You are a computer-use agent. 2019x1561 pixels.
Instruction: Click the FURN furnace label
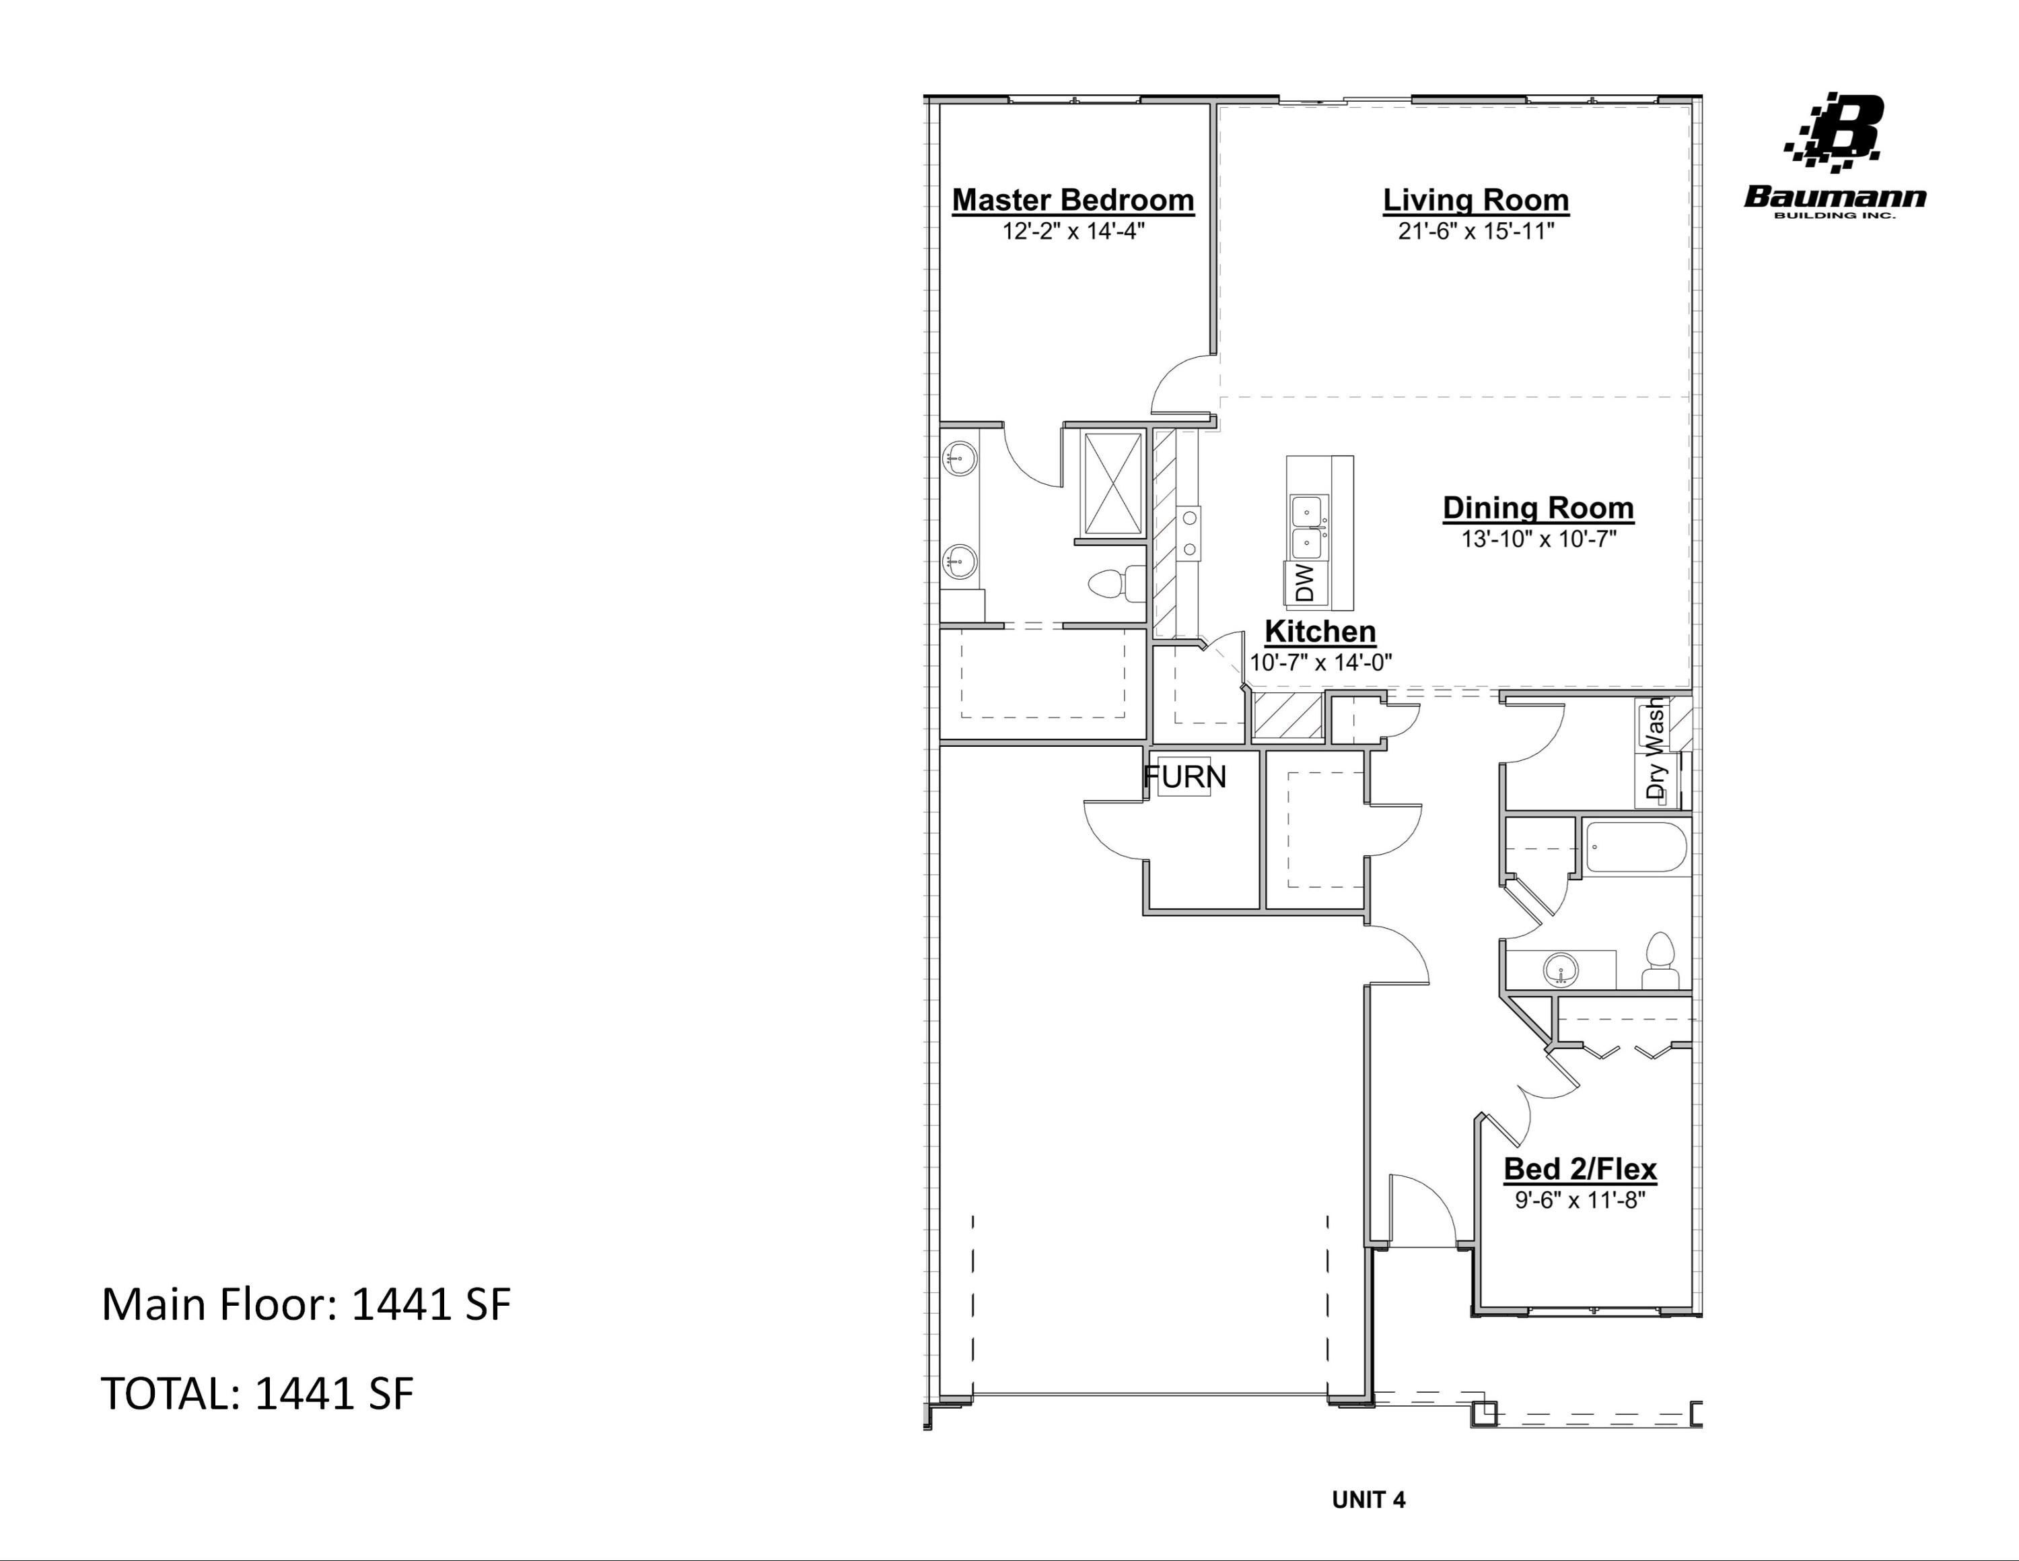1184,777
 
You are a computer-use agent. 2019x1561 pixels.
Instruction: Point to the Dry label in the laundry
1655,780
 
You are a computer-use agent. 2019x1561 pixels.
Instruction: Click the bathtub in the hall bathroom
1635,848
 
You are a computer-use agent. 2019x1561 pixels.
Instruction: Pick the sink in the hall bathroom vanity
1561,970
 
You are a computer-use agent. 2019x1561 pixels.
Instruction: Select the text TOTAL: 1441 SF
257,1393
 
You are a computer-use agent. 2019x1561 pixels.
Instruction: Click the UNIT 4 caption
1368,1500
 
